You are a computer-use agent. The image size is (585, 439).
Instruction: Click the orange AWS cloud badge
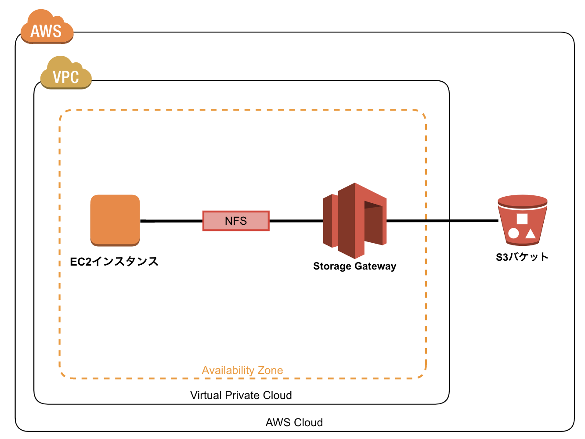tap(47, 29)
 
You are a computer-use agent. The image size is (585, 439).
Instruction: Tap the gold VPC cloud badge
tap(66, 75)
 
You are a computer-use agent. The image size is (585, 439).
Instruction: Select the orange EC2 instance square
tap(115, 219)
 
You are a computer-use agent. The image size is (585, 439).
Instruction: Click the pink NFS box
tap(236, 221)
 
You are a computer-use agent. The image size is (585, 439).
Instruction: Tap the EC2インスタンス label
tap(114, 262)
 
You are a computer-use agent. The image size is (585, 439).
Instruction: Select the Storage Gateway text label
tap(354, 266)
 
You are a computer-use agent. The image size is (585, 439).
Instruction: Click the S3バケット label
tap(522, 257)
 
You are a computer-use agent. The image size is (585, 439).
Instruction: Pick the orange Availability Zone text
tap(242, 370)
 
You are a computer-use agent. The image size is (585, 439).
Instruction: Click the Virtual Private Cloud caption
tap(241, 395)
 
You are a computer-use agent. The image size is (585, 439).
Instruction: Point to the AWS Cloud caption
tap(294, 422)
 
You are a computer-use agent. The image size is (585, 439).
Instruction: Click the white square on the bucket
tap(522, 219)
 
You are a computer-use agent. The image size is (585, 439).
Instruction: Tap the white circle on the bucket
tap(513, 233)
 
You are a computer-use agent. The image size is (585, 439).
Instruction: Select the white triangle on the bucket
tap(531, 234)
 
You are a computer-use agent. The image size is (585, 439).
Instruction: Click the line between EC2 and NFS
tap(171, 221)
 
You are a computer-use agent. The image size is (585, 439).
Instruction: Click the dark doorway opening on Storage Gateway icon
tap(372, 205)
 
